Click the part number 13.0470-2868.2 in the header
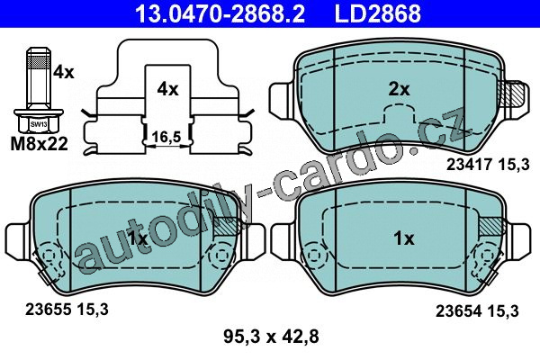220,13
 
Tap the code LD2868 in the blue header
378,13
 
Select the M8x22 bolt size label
40,144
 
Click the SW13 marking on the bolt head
39,124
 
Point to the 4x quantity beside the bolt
63,73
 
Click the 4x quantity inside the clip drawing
167,90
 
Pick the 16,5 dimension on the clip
166,137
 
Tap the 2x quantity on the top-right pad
399,90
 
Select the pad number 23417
469,165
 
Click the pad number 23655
48,310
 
